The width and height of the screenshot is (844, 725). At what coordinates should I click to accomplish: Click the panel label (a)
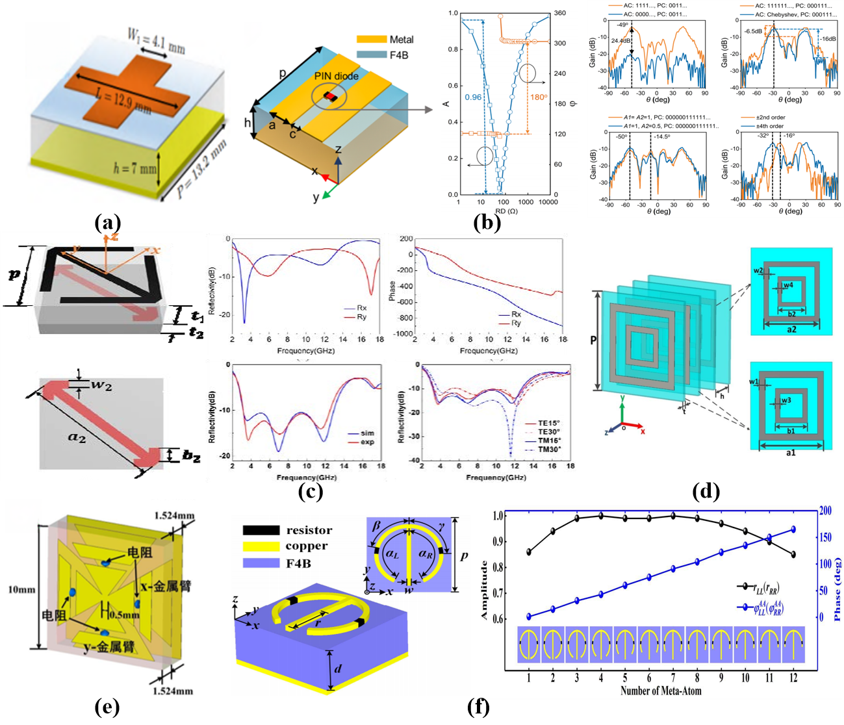coord(107,223)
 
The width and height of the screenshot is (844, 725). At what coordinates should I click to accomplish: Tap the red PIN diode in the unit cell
coord(332,97)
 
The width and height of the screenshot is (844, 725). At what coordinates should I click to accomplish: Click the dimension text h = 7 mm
coord(135,169)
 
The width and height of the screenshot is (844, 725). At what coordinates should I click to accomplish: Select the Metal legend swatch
coord(370,40)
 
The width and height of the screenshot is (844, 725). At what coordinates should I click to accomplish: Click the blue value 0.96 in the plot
coord(473,98)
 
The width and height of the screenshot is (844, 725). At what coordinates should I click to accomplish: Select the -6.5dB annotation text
coord(754,31)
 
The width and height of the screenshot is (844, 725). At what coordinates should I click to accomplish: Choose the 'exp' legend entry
coord(367,442)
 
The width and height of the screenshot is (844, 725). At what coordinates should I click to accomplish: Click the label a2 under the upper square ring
coord(790,329)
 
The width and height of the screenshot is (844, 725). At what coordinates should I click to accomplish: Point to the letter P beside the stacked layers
coord(593,340)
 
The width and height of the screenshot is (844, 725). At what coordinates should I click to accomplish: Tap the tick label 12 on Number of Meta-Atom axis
coord(793,678)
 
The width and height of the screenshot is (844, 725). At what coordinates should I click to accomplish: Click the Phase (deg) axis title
coord(837,588)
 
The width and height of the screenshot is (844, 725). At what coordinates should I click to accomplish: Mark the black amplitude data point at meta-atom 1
coord(529,552)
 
